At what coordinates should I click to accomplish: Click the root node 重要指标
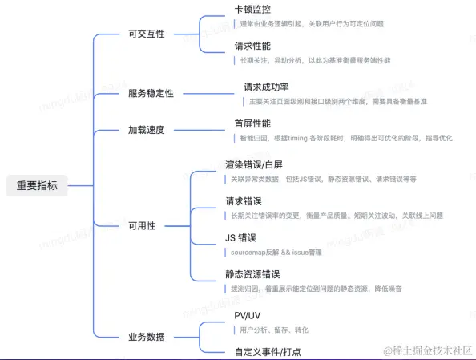coord(38,186)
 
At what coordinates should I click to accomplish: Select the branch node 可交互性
coord(146,35)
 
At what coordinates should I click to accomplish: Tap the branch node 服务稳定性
coord(151,94)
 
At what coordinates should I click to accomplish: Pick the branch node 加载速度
coord(146,130)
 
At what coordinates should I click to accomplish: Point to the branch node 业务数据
coord(146,337)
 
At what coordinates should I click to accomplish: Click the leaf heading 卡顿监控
coord(252,10)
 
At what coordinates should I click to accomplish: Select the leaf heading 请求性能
coord(252,46)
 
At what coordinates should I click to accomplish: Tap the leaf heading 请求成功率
coord(267,87)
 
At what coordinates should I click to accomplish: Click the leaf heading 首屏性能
coord(252,123)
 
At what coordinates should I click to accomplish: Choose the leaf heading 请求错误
coord(244,200)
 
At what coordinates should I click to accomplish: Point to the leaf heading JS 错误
coord(240,237)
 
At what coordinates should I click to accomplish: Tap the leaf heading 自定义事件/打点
coord(268,352)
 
